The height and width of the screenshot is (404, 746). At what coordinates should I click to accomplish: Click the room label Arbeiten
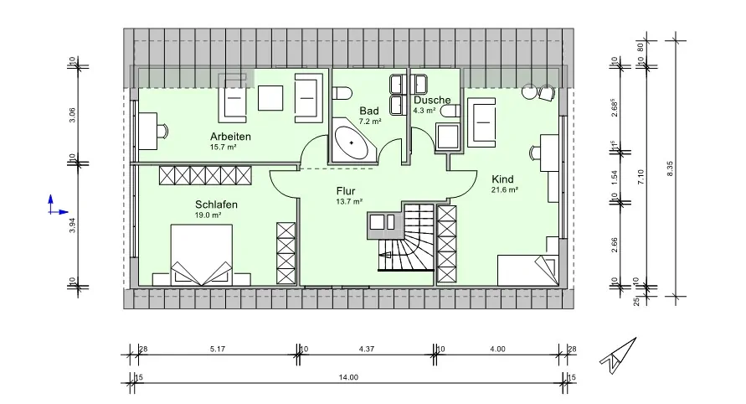pos(230,137)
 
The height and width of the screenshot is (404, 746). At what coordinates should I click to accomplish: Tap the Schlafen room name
pos(217,205)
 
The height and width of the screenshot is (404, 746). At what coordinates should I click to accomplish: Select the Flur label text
pos(347,190)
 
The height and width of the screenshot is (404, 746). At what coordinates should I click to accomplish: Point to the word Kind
pos(502,179)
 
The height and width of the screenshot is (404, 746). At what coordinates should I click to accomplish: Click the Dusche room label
pos(432,100)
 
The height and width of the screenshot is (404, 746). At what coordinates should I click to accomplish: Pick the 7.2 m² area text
pos(370,122)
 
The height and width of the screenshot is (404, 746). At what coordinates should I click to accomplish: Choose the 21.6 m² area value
pos(504,189)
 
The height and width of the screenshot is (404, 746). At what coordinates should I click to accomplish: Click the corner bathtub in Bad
pos(355,143)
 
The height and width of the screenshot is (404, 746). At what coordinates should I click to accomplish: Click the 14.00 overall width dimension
pos(348,378)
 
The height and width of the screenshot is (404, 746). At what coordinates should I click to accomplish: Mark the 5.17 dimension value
pos(219,348)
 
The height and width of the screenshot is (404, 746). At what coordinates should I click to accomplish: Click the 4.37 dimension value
pos(366,348)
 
